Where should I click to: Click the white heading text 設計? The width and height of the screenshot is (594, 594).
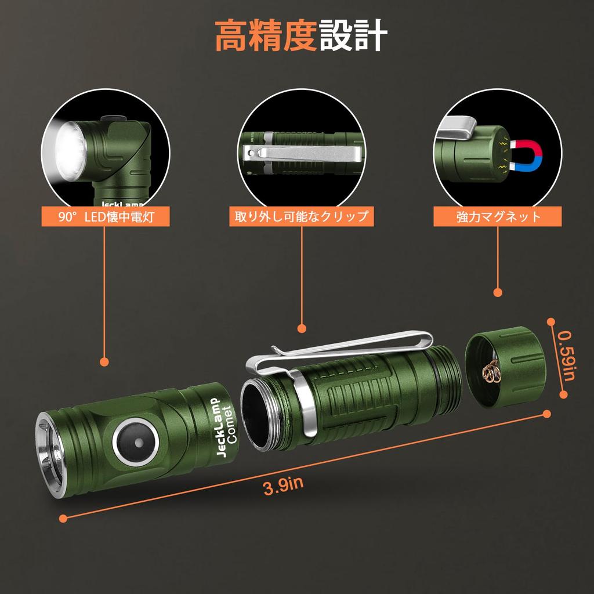click(x=353, y=37)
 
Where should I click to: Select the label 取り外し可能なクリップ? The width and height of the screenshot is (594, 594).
click(x=301, y=217)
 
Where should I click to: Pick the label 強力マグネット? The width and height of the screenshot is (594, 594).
click(x=498, y=217)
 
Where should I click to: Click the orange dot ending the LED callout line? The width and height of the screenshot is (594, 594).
click(x=104, y=361)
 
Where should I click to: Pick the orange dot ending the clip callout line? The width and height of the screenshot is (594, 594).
click(x=301, y=328)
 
